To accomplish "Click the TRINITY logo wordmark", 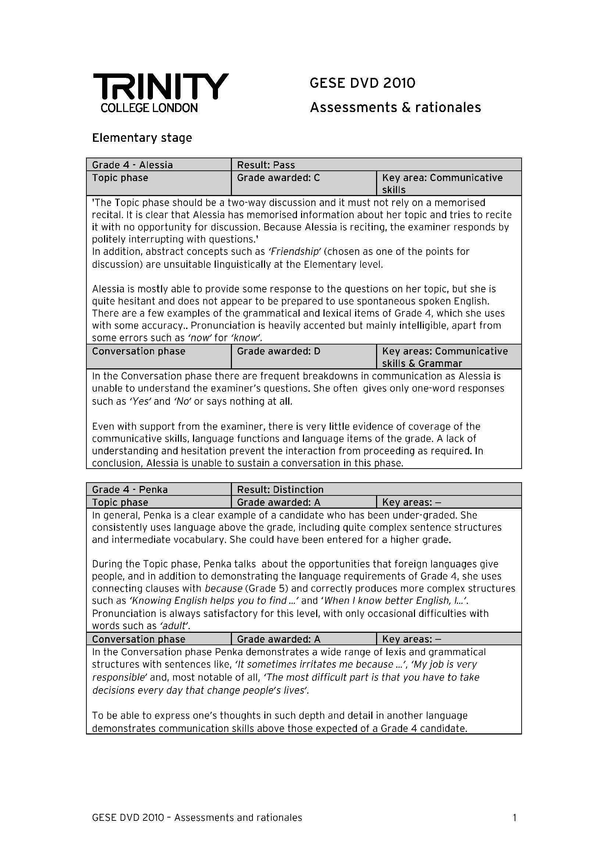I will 161,86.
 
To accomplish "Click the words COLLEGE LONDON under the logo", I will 149,108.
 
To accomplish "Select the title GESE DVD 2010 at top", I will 362,83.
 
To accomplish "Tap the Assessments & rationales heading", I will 396,108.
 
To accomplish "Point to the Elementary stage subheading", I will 142,138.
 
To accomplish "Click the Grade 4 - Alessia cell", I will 133,165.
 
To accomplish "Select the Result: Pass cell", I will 266,165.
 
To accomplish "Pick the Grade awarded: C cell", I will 279,178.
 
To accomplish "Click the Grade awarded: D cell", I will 279,351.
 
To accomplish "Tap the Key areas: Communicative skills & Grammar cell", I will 444,357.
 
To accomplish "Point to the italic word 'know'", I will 247,338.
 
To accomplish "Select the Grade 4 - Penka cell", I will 130,489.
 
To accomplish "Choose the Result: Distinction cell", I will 280,489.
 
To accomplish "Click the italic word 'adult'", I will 174,625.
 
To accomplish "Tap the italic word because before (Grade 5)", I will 223,588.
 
